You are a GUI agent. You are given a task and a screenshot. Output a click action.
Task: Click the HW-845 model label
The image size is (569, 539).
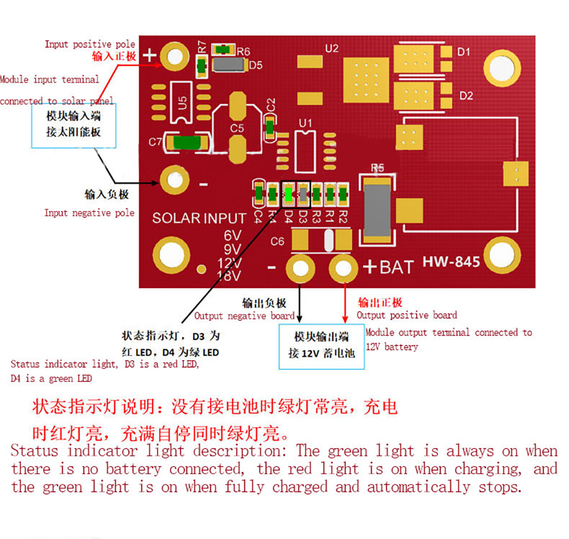451,262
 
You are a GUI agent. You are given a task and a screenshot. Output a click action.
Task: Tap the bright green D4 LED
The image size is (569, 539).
288,194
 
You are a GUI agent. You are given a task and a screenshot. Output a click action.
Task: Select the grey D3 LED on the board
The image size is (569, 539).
303,194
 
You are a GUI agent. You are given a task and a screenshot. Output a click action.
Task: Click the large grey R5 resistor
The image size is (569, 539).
377,210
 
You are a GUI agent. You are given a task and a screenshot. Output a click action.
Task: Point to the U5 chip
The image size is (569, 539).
181,103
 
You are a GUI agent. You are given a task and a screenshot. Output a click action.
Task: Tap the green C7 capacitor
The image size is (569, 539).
187,142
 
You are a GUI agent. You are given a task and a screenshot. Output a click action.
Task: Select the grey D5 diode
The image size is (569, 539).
229,64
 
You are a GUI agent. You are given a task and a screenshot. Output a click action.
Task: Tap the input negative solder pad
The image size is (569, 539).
174,180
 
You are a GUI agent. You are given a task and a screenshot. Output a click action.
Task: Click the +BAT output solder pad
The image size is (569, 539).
343,268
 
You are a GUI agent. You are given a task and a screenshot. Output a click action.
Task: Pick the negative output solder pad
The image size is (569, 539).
300,269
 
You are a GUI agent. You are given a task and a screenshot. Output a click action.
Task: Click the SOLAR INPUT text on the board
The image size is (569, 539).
199,218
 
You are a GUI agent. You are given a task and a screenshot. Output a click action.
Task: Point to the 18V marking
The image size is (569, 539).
229,275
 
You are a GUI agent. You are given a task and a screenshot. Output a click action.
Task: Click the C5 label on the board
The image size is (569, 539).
237,128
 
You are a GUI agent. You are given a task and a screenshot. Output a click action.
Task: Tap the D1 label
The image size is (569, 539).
464,52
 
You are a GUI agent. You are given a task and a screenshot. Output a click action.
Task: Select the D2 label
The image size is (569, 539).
466,96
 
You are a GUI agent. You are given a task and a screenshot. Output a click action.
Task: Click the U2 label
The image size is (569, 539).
332,48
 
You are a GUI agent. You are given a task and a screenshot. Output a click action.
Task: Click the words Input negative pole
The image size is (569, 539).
89,213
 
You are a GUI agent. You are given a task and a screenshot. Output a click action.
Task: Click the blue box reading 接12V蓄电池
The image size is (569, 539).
322,347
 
